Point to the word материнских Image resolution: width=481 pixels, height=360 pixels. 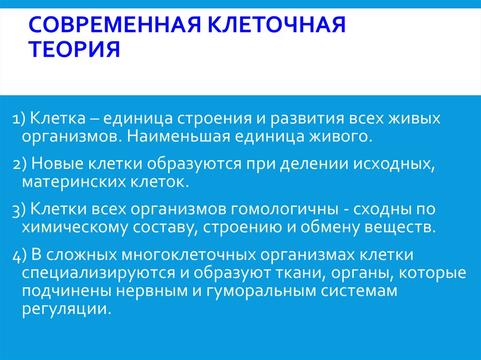coord(73,182)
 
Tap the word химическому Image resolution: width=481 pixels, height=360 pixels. coord(76,228)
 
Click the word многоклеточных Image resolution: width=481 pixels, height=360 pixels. coord(190,256)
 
